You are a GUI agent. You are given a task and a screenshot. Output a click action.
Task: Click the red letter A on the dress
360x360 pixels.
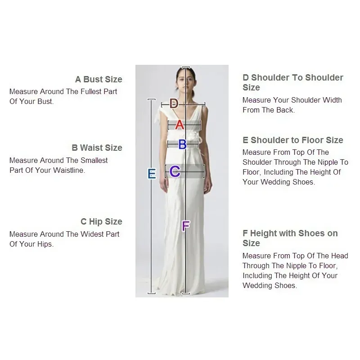[x=180, y=125]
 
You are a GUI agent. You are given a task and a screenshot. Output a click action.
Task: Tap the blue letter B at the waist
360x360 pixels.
[x=183, y=144]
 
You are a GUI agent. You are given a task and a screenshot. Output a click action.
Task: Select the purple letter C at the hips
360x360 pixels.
[x=175, y=171]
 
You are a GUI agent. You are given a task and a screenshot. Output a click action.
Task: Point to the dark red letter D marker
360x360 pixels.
[x=174, y=103]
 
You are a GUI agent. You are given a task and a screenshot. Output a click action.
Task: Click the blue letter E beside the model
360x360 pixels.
[x=152, y=174]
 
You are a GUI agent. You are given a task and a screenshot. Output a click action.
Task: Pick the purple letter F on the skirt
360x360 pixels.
[x=186, y=226]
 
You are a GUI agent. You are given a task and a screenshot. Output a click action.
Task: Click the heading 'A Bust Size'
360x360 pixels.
[x=99, y=79]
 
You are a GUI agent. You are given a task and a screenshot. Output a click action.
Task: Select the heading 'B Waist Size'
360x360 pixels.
[x=97, y=148]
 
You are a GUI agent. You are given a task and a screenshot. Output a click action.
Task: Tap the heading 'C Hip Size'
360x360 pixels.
[x=102, y=221]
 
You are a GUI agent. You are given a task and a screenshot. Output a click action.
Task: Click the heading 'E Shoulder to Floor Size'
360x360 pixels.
[x=293, y=140]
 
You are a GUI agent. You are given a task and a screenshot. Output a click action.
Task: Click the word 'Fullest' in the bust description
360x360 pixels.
[x=91, y=91]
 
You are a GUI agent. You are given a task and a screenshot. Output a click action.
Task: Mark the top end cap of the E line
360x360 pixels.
[x=151, y=99]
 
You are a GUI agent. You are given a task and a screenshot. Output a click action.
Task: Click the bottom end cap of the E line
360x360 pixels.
[x=151, y=293]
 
